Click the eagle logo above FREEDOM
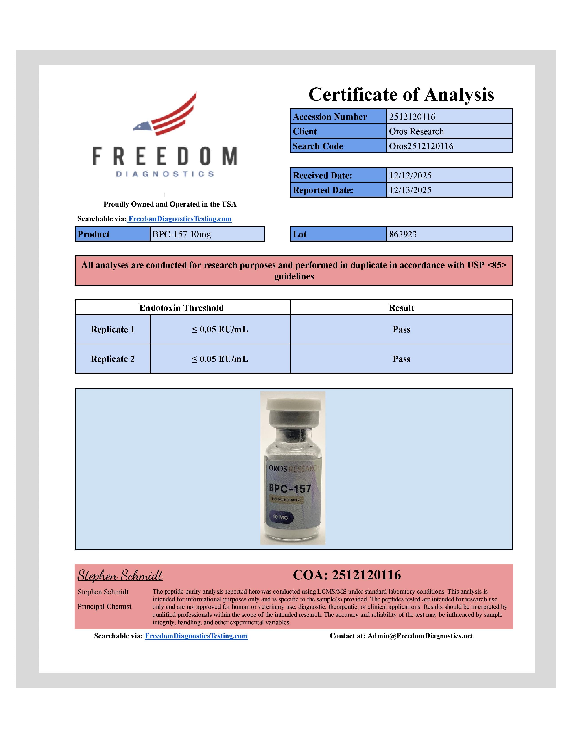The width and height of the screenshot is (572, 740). coord(165,114)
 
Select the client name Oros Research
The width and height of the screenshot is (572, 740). coord(416,131)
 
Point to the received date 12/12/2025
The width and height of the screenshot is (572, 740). coord(410,176)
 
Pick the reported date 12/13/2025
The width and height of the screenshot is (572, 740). coord(410,190)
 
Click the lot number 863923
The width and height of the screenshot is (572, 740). coord(403,234)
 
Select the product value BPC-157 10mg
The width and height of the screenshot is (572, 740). coord(182,234)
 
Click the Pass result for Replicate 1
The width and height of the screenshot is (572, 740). coord(401,329)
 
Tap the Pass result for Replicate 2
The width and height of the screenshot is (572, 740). coord(401,359)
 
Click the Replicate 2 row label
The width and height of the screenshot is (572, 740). coord(113,359)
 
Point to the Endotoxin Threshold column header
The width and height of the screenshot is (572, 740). coord(182,308)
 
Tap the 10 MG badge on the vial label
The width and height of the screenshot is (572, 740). coord(280,517)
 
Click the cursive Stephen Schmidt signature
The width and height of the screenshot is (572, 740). coord(120,576)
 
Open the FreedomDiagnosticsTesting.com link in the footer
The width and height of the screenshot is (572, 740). coord(196,636)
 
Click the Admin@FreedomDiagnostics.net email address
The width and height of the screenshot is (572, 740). coord(420,636)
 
